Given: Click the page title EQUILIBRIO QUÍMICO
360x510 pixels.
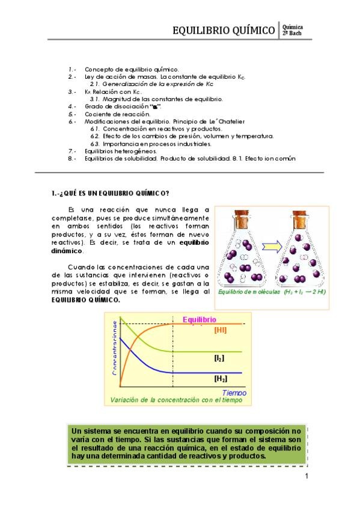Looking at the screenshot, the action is pos(224,30).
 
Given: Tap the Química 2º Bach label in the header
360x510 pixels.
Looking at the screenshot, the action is pos(292,30).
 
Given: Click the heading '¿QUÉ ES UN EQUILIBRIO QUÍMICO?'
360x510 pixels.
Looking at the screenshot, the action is pos(109,193).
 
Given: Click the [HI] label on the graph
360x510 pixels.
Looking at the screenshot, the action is pos(221,330).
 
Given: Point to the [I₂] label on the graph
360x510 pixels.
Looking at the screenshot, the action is pos(219,358).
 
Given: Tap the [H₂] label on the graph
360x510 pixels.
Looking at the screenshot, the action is pos(220,379).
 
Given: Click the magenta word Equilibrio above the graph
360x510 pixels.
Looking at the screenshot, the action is pos(199,319).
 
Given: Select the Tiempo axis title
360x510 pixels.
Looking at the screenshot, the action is pos(233,392).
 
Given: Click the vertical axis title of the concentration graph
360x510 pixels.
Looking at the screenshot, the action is pos(114,349).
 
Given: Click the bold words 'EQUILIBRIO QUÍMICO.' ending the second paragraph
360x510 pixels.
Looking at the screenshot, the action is pos(85,300).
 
